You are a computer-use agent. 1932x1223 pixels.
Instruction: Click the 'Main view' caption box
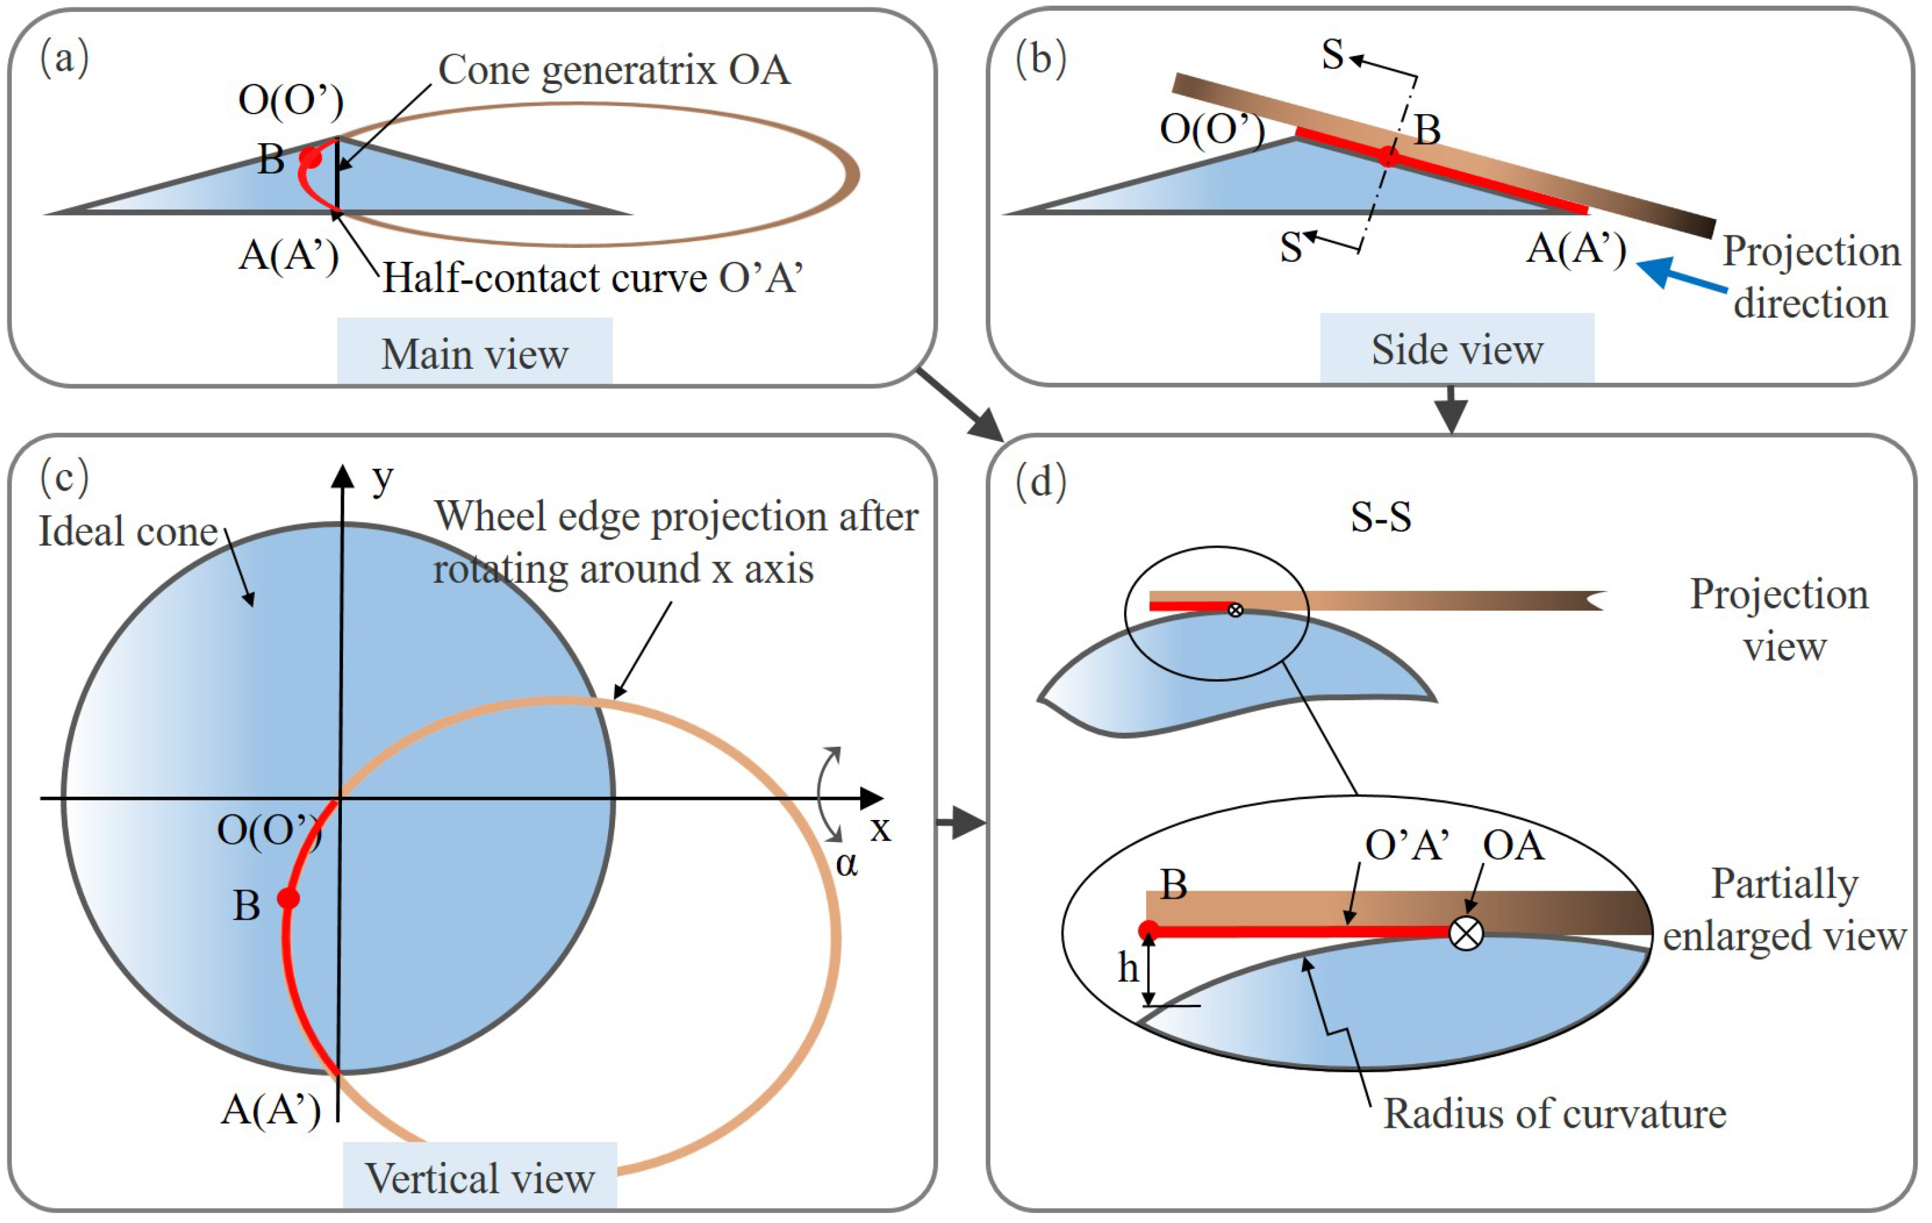tap(474, 353)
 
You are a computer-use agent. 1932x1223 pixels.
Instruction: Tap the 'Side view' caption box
tap(1456, 349)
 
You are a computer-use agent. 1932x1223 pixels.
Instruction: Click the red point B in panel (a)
tap(310, 158)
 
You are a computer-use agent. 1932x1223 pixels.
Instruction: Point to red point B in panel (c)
tap(288, 898)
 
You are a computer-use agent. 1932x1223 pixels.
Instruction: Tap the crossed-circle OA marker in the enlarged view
tap(1466, 933)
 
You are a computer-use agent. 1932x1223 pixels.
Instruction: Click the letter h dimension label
tap(1128, 969)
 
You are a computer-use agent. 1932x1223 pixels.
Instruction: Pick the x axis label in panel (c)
tap(880, 828)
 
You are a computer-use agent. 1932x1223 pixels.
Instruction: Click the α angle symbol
tap(846, 864)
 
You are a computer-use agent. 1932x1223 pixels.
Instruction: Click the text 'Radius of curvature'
tap(1554, 1114)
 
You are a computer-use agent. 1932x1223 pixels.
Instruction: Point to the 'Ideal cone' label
tap(129, 531)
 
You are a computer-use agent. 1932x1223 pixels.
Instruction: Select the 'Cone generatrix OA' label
tap(614, 70)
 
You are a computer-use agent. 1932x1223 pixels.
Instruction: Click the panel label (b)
tap(1041, 59)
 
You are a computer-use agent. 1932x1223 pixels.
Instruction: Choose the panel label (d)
tap(1041, 483)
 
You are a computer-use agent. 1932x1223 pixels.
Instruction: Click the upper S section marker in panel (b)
tap(1332, 55)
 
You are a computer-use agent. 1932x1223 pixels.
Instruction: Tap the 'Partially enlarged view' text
tap(1784, 910)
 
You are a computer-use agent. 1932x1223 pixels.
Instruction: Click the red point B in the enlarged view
tap(1148, 931)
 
